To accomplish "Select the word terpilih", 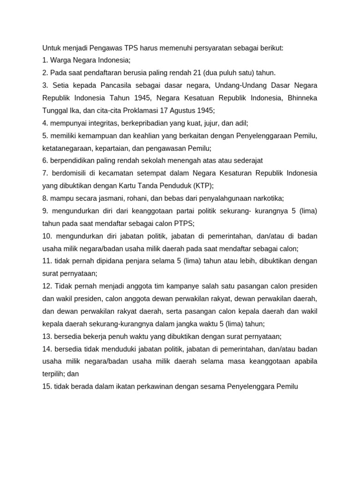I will pos(53,374).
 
